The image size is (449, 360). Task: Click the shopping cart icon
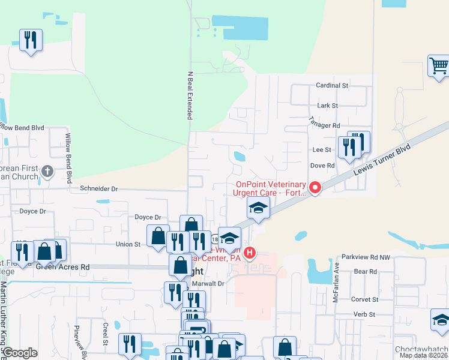(x=439, y=65)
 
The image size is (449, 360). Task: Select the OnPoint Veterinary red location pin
(x=315, y=188)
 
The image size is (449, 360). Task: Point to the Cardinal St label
(x=332, y=86)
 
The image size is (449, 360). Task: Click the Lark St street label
(x=327, y=106)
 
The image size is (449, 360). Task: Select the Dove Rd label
(x=322, y=166)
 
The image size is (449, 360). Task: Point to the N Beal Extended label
(x=190, y=96)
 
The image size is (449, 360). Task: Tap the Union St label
(x=128, y=244)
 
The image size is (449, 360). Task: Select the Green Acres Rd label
(x=62, y=266)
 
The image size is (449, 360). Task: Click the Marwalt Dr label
(x=208, y=283)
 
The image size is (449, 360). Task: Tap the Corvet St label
(x=364, y=299)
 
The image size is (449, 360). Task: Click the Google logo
(x=20, y=353)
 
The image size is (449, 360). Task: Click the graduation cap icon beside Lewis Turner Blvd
(x=258, y=208)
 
